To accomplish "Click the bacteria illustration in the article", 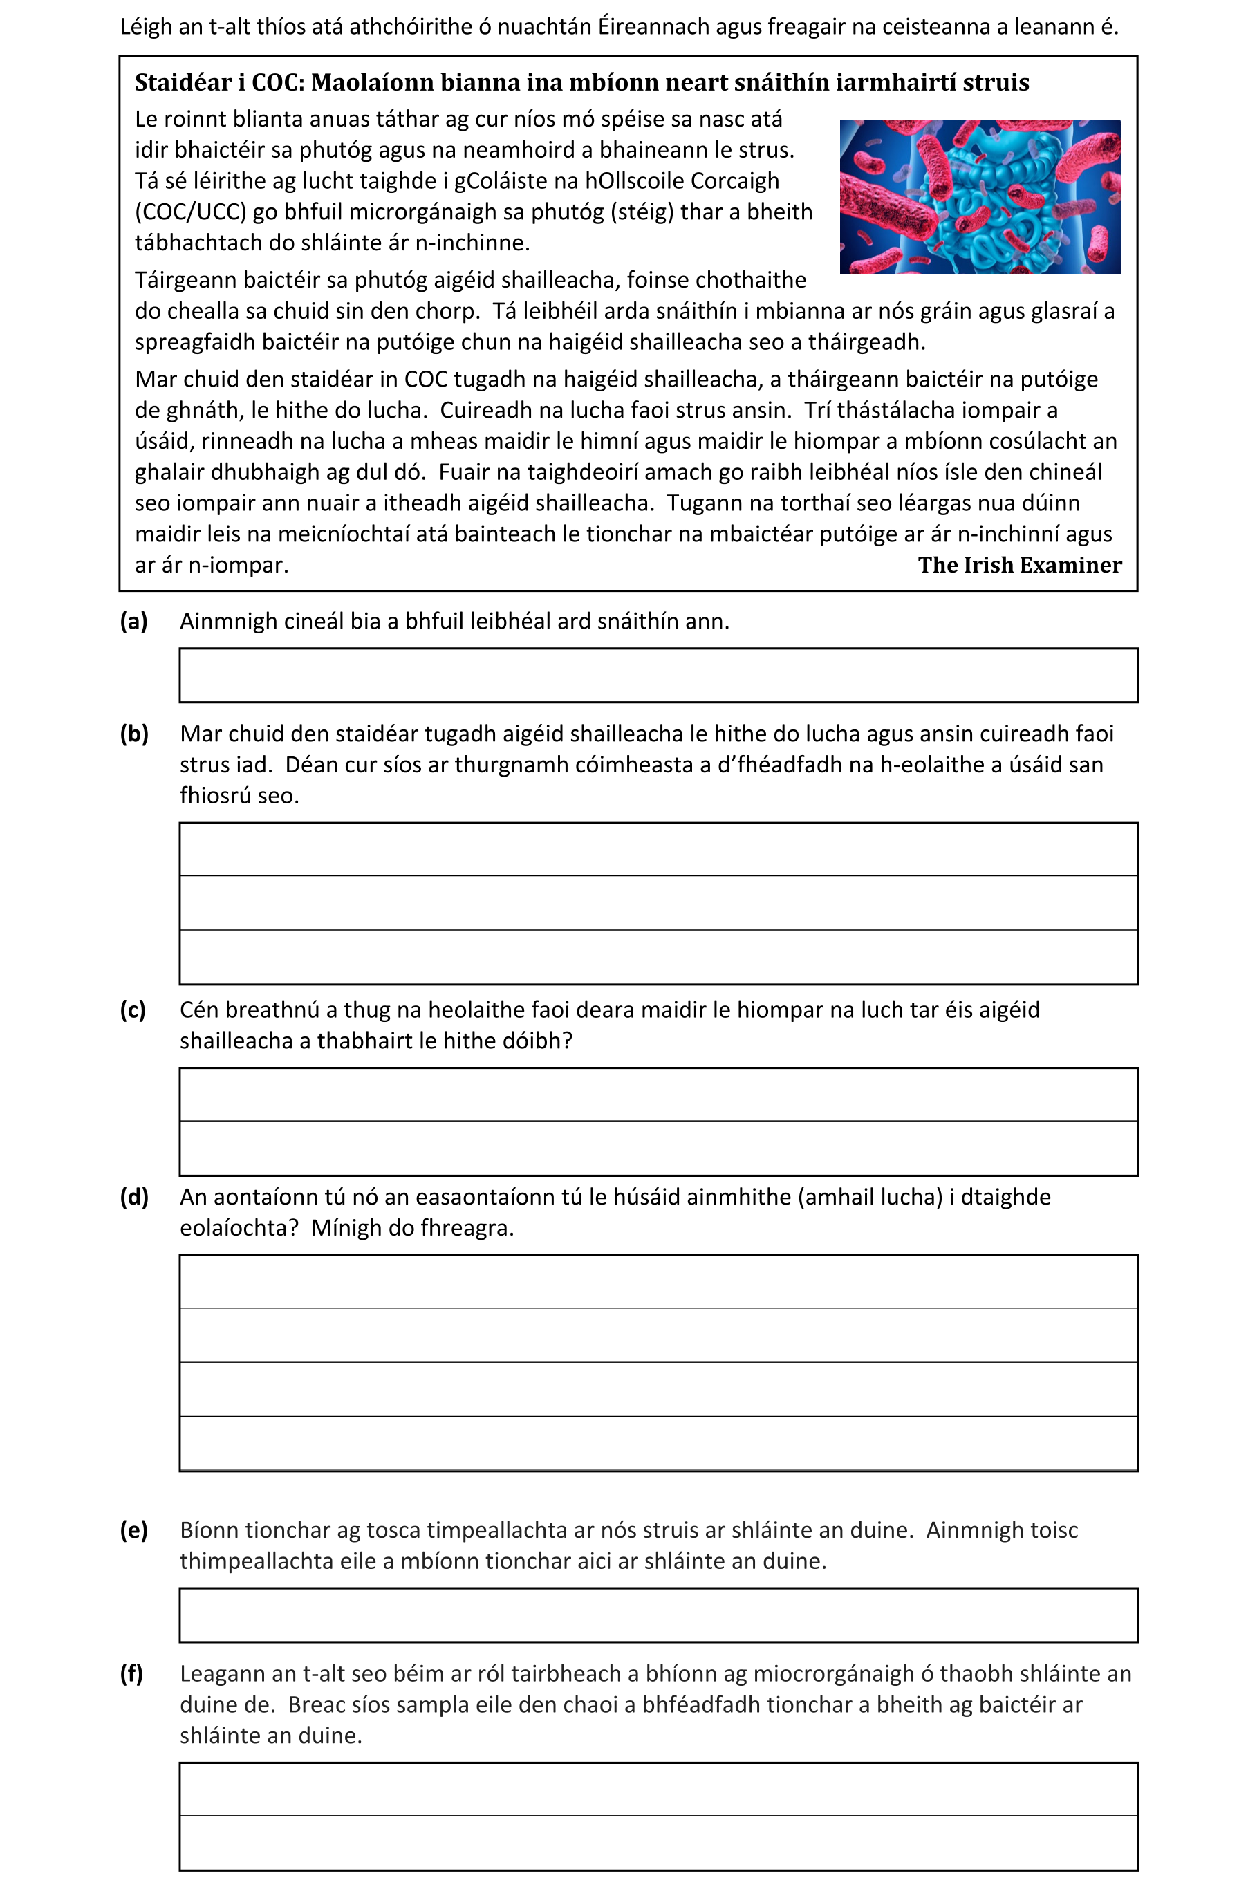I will pyautogui.click(x=980, y=196).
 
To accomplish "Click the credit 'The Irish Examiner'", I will pyautogui.click(x=1020, y=565).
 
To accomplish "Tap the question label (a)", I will pyautogui.click(x=134, y=621).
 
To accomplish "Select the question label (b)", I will pyautogui.click(x=134, y=734).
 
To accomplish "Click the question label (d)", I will pyautogui.click(x=134, y=1198).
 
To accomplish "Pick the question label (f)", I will pyautogui.click(x=131, y=1673).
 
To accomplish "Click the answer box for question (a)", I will pyautogui.click(x=658, y=675).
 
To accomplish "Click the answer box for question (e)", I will pyautogui.click(x=658, y=1615).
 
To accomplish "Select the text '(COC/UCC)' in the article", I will pyautogui.click(x=190, y=212).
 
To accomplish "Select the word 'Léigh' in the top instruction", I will pyautogui.click(x=147, y=27).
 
